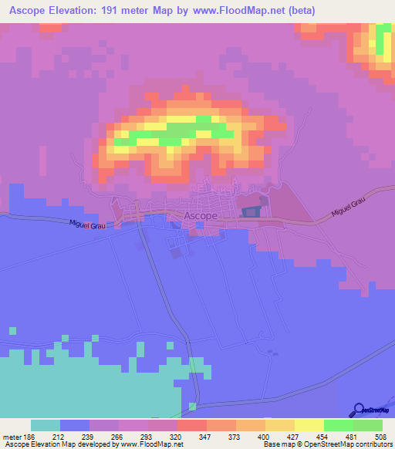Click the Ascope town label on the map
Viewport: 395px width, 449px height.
pyautogui.click(x=200, y=217)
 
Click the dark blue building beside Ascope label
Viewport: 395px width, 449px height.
pyautogui.click(x=251, y=210)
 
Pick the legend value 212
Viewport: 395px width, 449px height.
pyautogui.click(x=60, y=437)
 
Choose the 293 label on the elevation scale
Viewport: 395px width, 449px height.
pyautogui.click(x=148, y=437)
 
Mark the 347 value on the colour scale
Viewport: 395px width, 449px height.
pyautogui.click(x=207, y=437)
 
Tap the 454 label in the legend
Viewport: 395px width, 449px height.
pyautogui.click(x=324, y=437)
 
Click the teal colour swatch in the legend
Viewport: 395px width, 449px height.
pyautogui.click(x=46, y=425)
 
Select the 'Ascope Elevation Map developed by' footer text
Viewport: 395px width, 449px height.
pyautogui.click(x=57, y=444)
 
